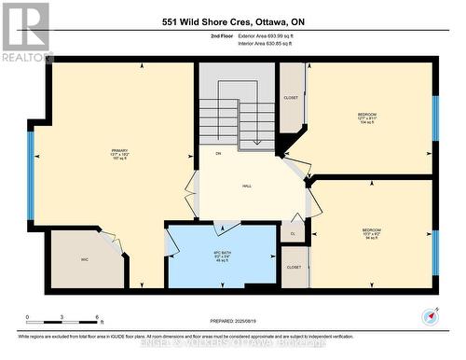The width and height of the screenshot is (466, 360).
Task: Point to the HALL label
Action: tap(247, 187)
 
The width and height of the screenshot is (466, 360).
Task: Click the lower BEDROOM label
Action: tap(372, 229)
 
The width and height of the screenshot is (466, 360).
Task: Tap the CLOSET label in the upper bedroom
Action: tap(291, 97)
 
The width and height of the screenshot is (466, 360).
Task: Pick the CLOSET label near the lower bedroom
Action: tap(294, 267)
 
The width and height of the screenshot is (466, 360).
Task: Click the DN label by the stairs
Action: tap(218, 154)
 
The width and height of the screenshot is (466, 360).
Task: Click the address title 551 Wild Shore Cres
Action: tap(233, 21)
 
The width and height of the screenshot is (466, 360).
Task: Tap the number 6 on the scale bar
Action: tap(98, 318)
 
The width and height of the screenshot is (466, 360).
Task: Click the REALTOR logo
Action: tap(25, 32)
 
